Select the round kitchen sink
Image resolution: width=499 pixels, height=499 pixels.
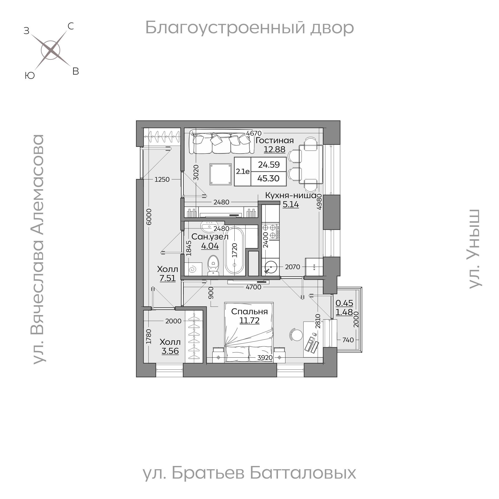point(271,267)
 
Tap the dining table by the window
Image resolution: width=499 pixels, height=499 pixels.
point(311,164)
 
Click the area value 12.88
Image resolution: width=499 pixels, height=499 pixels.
point(274,149)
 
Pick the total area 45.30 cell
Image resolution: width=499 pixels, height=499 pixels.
point(268,178)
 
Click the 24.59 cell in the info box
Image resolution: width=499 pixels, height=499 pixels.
point(269,165)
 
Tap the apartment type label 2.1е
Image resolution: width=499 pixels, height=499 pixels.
point(242,171)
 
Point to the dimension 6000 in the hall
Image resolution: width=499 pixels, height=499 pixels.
point(149,217)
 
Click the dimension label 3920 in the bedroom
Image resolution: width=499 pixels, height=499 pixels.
point(265,357)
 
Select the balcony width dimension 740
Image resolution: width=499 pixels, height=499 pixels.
point(348,340)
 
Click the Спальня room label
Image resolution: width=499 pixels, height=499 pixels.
point(249,311)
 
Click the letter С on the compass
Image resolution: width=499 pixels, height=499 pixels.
point(71,26)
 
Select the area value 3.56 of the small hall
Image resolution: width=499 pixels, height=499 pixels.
point(170,351)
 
